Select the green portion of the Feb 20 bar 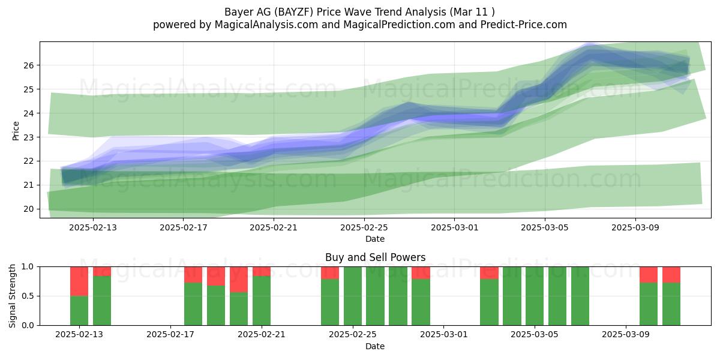point(239,308)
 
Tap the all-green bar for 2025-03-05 point(535,296)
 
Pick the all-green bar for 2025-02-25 point(353,296)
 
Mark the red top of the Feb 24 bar point(330,273)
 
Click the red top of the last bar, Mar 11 point(671,275)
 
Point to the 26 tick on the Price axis point(29,65)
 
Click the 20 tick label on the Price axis point(29,209)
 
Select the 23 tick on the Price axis point(29,137)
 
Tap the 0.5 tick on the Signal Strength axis point(28,296)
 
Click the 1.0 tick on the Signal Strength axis point(28,267)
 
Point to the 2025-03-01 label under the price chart point(455,227)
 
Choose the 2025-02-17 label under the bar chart point(170,335)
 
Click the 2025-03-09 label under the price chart point(635,227)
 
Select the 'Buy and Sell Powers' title point(375,257)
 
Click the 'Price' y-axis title point(16,131)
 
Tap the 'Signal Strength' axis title point(12,296)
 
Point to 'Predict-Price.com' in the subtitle point(524,25)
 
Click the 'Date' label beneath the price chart point(375,239)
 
